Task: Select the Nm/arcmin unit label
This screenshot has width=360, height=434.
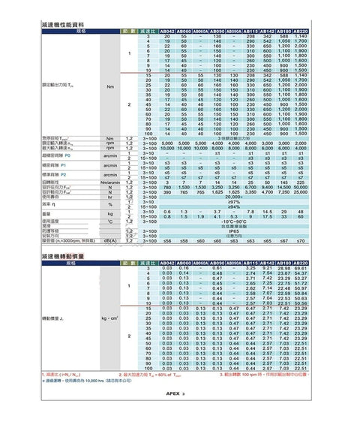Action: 110,182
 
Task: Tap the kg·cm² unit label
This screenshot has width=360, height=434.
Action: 110,319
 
